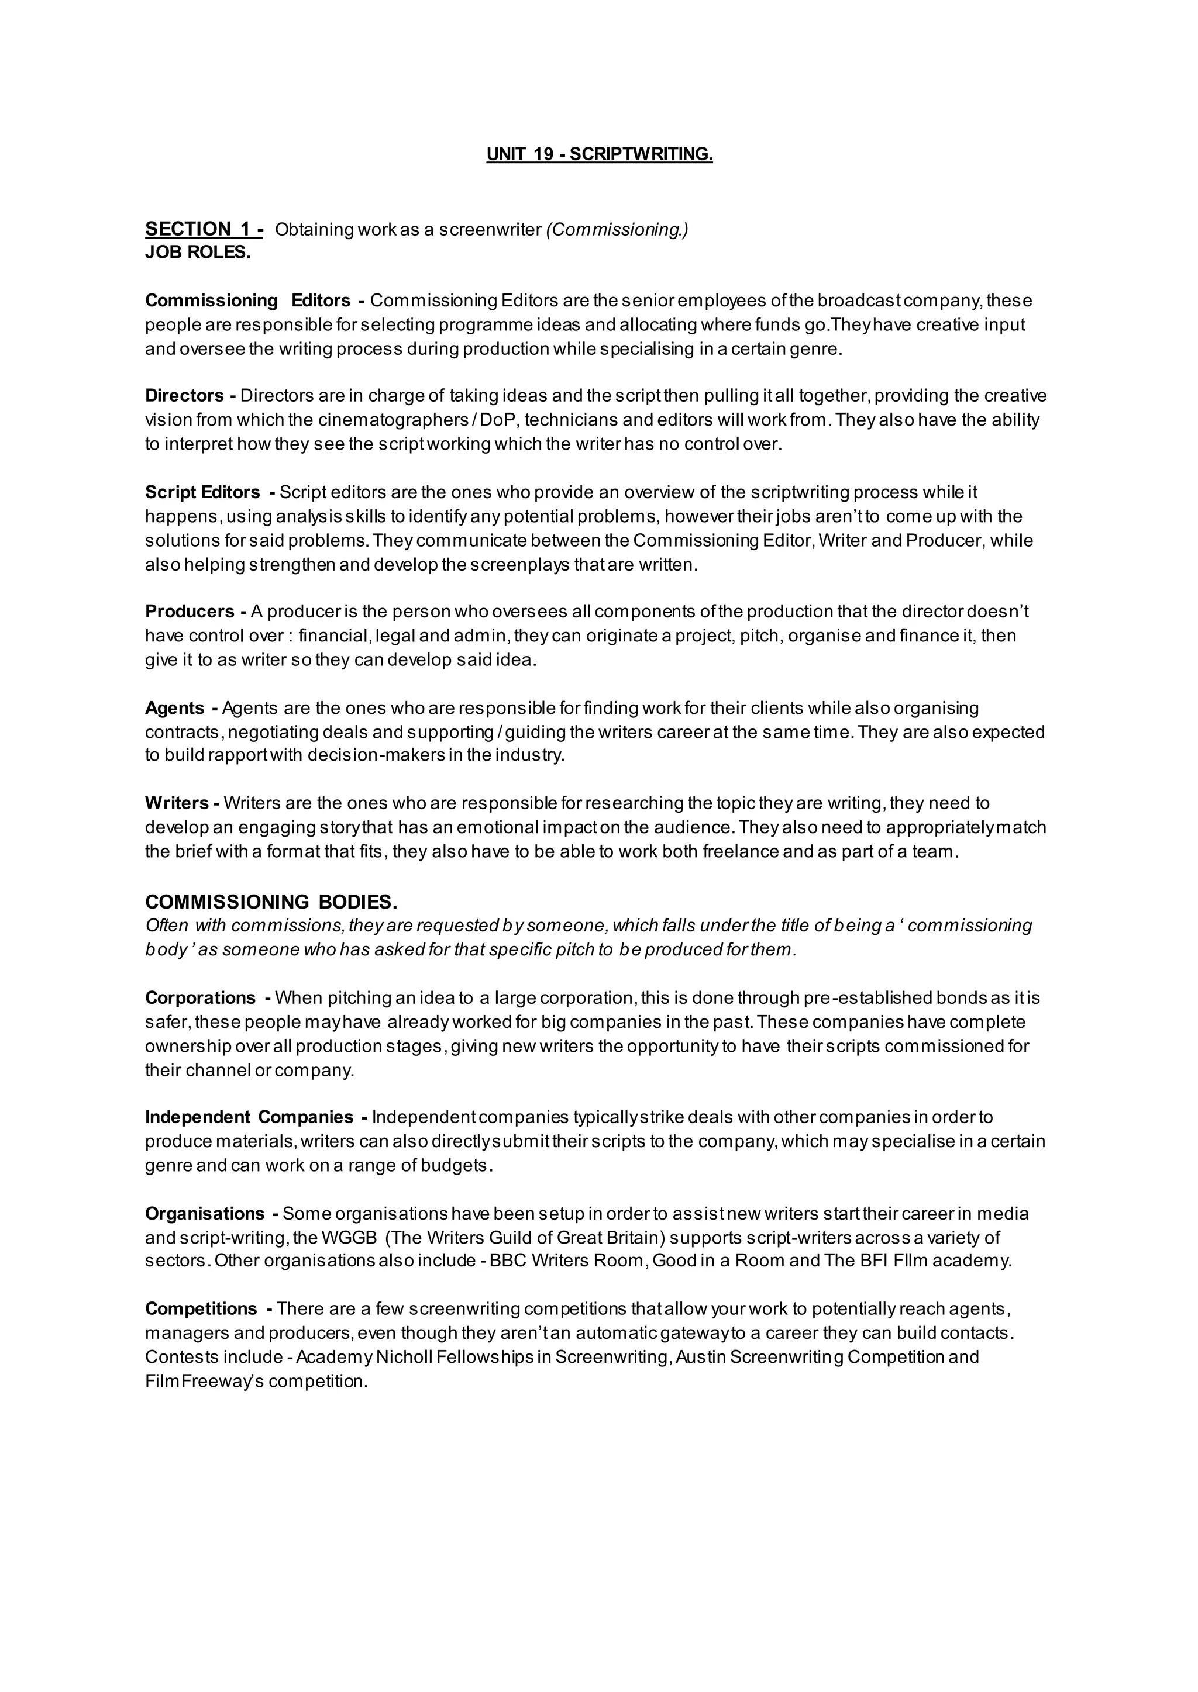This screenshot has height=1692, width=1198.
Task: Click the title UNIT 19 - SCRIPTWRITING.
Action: point(599,154)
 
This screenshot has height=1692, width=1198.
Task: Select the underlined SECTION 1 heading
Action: point(204,229)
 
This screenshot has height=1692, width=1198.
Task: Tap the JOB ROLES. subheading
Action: point(198,252)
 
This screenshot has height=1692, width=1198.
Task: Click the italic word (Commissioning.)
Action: point(617,229)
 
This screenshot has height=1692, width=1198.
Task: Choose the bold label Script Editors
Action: point(202,492)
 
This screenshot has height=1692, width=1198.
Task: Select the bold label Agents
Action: point(174,708)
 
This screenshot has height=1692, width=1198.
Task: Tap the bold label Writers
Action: point(177,803)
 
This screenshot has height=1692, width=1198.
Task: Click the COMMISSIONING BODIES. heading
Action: point(271,902)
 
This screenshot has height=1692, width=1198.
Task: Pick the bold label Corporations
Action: point(200,997)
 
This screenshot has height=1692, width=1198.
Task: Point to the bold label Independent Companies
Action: point(249,1117)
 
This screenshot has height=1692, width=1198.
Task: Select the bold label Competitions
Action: point(201,1308)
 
